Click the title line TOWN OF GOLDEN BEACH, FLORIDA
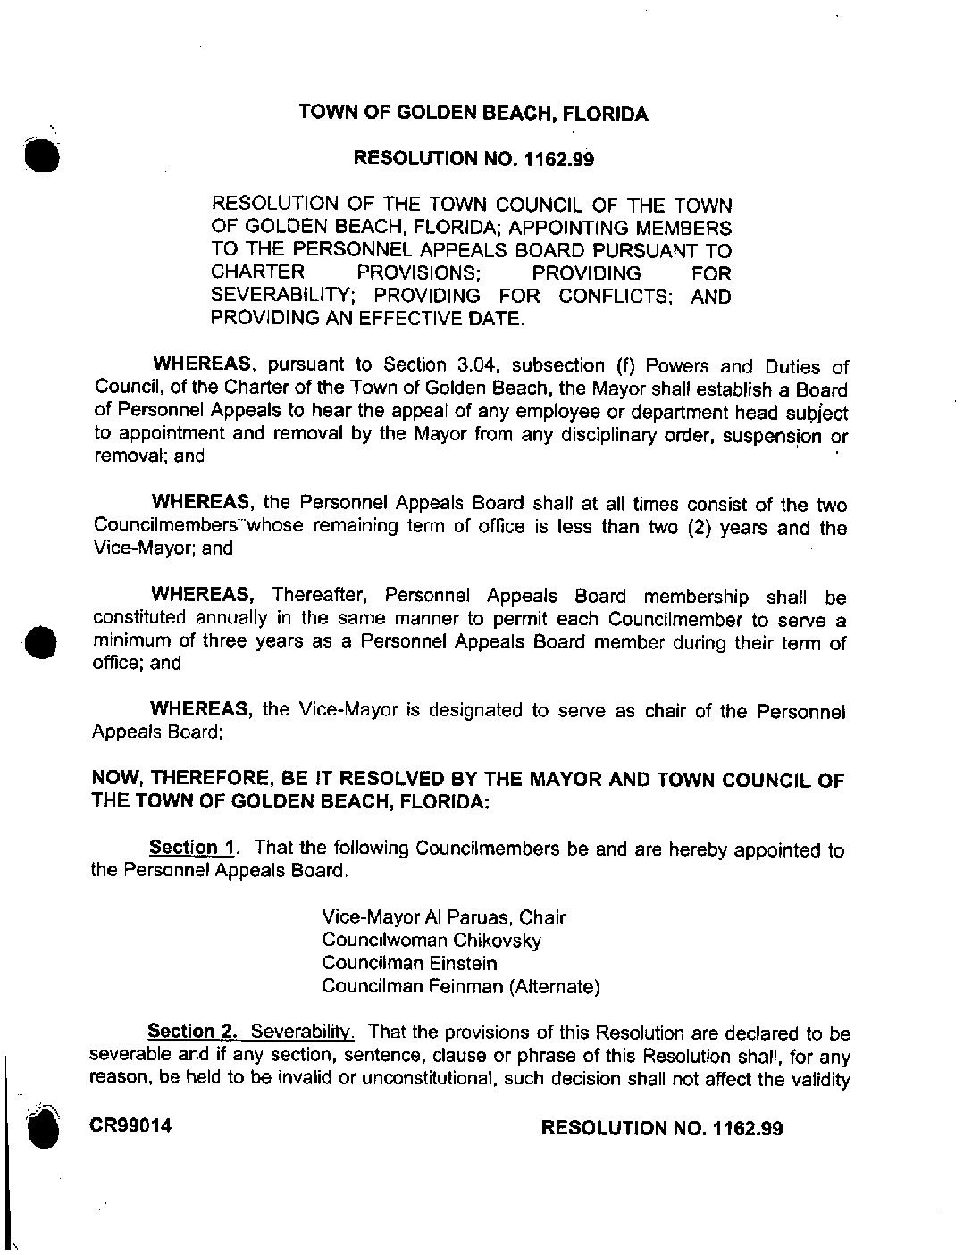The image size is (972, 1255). pos(473,113)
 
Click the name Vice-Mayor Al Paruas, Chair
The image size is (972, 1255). pos(443,917)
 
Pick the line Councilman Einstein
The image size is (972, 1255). pos(410,964)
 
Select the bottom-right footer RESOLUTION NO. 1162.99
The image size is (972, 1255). pos(662,1127)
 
